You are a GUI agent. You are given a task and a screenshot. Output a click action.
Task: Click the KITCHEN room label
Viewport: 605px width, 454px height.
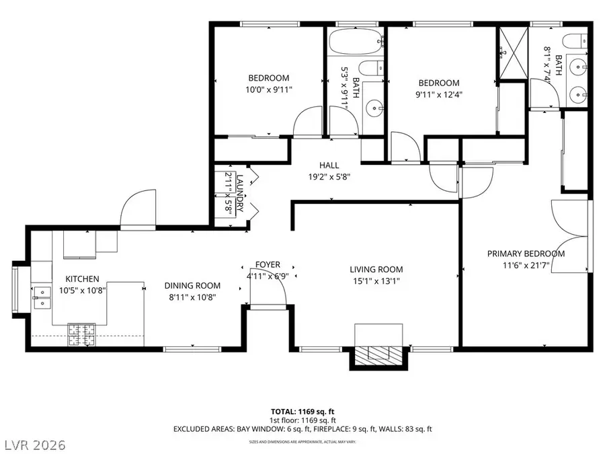coord(82,278)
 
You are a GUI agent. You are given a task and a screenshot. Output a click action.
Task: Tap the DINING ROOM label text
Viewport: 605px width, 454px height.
coord(193,285)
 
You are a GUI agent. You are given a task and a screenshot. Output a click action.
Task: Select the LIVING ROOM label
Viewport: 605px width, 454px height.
coord(376,270)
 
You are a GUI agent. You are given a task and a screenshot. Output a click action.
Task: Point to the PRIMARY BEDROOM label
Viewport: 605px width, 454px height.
coord(526,254)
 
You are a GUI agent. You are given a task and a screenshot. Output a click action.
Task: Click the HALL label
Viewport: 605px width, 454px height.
coord(329,165)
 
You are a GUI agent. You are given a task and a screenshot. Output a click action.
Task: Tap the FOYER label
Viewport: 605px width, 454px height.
coord(268,264)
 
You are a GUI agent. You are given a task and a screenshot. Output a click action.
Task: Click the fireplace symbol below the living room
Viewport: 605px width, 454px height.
coord(378,355)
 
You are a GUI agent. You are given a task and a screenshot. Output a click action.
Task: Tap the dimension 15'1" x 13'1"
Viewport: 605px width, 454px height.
coord(376,281)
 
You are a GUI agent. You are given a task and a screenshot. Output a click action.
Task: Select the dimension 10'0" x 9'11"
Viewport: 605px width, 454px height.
coord(269,89)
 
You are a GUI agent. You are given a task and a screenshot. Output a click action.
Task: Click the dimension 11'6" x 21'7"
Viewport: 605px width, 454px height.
coord(526,265)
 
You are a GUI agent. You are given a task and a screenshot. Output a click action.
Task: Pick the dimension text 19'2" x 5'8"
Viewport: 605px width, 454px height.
coord(329,178)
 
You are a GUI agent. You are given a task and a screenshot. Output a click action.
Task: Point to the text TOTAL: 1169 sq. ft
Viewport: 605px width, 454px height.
coord(302,410)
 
